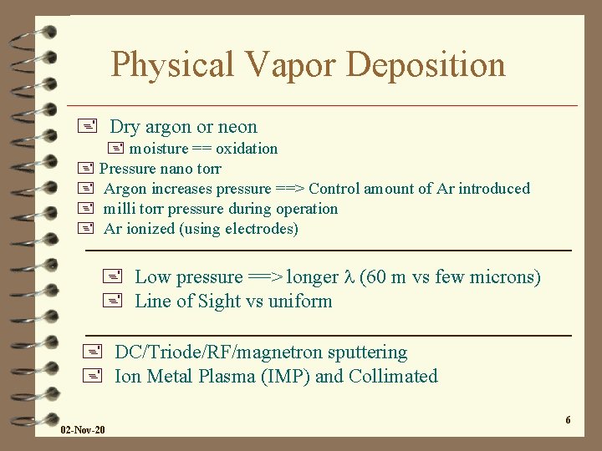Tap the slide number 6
click(x=568, y=420)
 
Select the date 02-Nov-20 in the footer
click(x=83, y=429)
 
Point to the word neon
click(x=237, y=127)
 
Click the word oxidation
click(x=247, y=149)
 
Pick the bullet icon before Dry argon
click(x=85, y=127)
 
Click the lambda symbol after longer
click(x=349, y=277)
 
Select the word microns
click(x=507, y=277)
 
